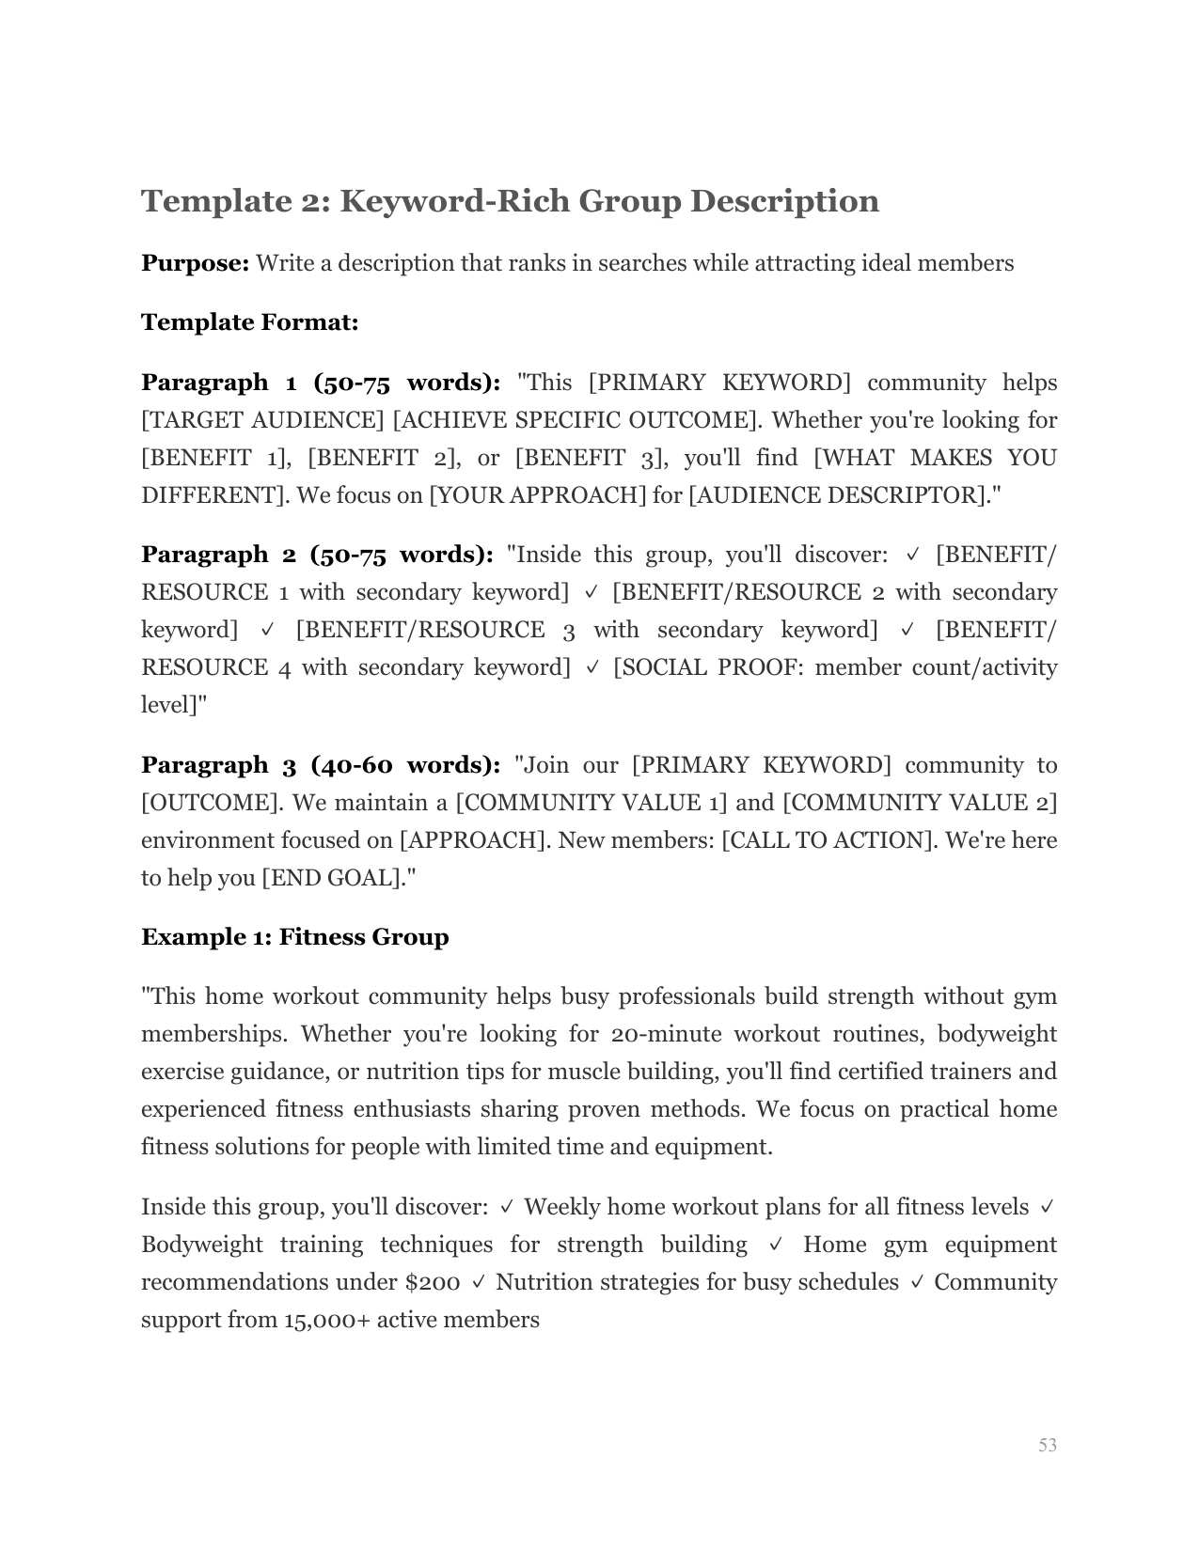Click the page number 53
click(1048, 1445)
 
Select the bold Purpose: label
click(195, 263)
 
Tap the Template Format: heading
click(249, 322)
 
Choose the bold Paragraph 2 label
click(205, 555)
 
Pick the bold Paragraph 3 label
click(205, 765)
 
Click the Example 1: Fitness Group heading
click(294, 937)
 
